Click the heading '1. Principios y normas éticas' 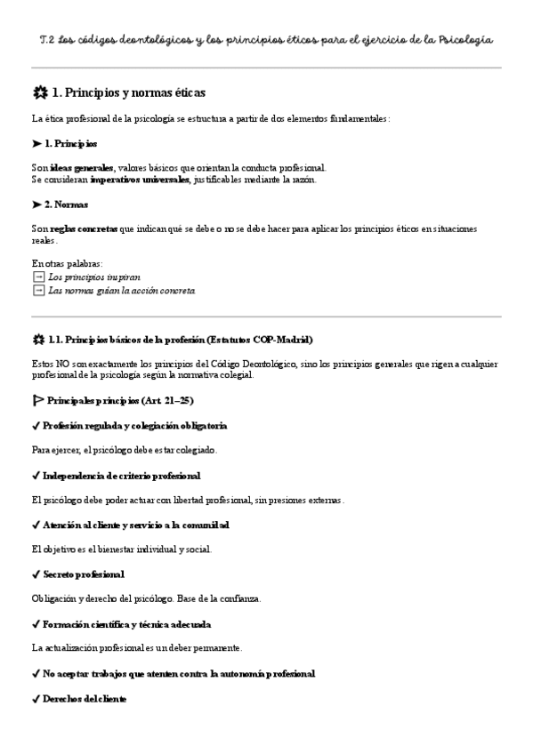point(129,92)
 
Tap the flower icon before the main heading point(38,92)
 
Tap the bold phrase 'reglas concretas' point(84,229)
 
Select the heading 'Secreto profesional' point(83,574)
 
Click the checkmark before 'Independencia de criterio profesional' point(36,476)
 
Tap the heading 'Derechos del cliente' point(85,699)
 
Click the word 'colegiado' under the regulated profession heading point(195,450)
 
